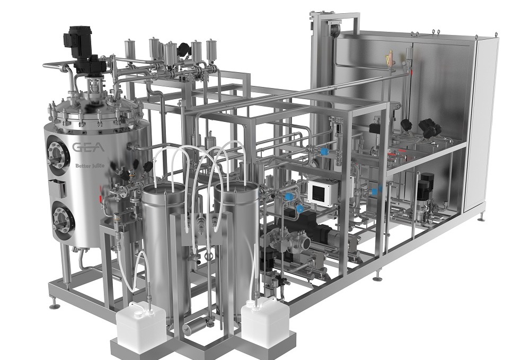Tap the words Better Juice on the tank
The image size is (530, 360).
tap(91, 164)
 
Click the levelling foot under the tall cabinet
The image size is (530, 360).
tap(481, 217)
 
